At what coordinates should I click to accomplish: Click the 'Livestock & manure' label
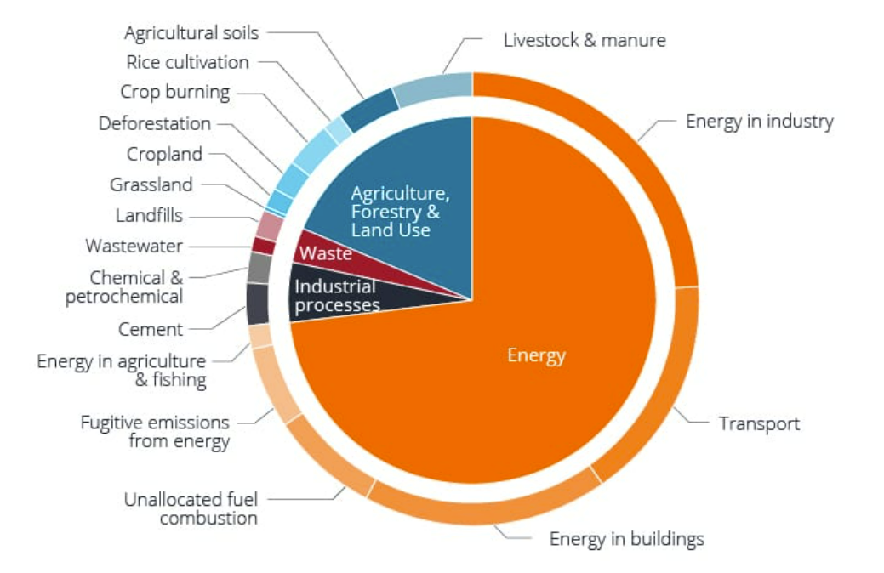point(585,40)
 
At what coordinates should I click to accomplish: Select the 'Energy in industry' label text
point(759,121)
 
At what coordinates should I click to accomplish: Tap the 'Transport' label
point(759,423)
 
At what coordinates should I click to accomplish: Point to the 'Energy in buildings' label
point(626,538)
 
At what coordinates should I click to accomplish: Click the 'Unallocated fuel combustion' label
point(191,508)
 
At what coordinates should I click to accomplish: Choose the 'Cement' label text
point(151,329)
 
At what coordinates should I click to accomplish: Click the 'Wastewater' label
point(134,247)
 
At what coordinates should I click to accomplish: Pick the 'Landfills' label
point(149,215)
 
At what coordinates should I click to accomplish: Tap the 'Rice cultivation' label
point(187,62)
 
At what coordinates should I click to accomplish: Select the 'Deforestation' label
point(155,123)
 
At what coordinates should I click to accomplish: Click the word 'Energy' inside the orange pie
point(536,355)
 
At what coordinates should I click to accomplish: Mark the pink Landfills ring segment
point(269,225)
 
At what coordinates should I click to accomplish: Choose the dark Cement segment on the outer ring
point(258,304)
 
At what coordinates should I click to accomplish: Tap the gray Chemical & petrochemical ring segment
point(259,268)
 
